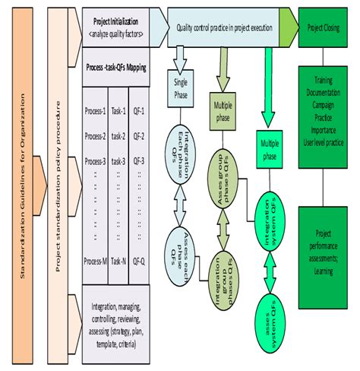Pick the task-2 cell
click(x=118, y=136)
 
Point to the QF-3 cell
click(x=138, y=161)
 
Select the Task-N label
click(x=118, y=260)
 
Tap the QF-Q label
click(x=139, y=260)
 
